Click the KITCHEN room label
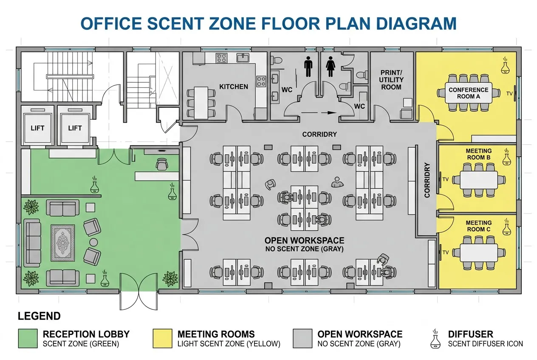(x=234, y=87)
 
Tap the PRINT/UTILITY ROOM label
(x=391, y=80)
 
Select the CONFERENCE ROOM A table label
(x=469, y=93)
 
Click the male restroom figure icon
(x=308, y=67)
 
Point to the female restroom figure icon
(x=331, y=67)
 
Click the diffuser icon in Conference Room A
(x=505, y=65)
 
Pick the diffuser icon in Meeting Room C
(x=506, y=226)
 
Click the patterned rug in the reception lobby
(x=63, y=243)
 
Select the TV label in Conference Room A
(x=509, y=94)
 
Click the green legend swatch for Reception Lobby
(x=28, y=338)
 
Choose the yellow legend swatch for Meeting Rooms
(x=163, y=338)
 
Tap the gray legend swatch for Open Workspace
(x=302, y=338)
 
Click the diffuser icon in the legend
(x=435, y=339)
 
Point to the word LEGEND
(x=39, y=316)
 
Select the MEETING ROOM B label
(x=478, y=154)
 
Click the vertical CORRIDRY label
(x=427, y=180)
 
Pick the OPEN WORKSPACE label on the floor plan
(x=304, y=240)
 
